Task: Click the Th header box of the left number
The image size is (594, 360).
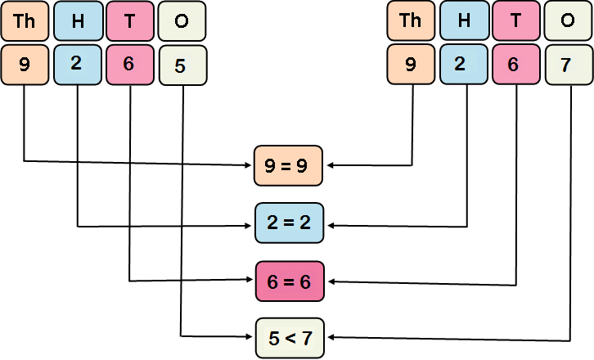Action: tap(24, 21)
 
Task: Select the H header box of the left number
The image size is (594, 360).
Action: tap(78, 21)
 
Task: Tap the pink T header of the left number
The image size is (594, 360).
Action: tap(130, 21)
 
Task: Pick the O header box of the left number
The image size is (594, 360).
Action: tap(182, 21)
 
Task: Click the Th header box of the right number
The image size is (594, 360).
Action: tap(410, 21)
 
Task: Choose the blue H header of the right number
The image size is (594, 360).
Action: tap(464, 21)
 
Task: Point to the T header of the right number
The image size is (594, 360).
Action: tap(516, 21)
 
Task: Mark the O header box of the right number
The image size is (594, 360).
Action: tap(569, 21)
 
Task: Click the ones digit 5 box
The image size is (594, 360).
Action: tap(182, 65)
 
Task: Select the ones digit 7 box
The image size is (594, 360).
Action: tap(569, 65)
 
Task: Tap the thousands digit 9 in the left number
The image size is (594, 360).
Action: tap(24, 64)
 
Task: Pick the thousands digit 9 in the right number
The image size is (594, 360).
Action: tap(410, 64)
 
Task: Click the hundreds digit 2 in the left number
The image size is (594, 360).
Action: tap(78, 64)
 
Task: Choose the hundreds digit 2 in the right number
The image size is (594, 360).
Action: tap(464, 64)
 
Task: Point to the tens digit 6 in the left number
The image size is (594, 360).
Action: tap(130, 64)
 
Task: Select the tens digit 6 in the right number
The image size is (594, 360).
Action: tap(516, 64)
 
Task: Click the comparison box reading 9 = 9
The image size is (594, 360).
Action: tap(290, 166)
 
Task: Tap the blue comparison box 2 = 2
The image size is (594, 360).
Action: tap(290, 223)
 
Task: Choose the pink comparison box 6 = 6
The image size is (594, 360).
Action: tap(290, 281)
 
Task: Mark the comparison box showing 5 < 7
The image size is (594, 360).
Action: tap(290, 336)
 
